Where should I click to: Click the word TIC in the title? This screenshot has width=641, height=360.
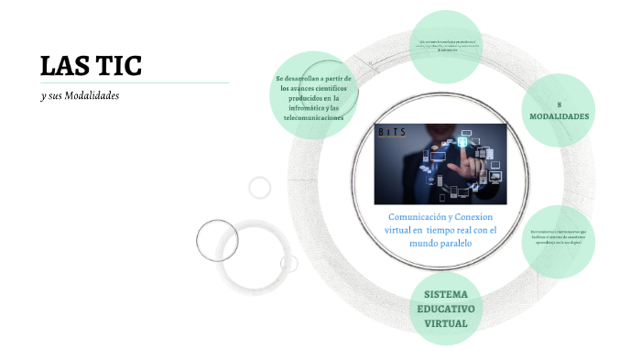click(117, 66)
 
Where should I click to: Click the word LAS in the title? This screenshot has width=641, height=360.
click(65, 66)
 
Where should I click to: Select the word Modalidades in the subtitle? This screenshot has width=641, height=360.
click(95, 95)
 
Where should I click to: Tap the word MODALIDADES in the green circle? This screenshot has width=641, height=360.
click(560, 117)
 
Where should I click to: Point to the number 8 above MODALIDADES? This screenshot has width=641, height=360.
click(559, 104)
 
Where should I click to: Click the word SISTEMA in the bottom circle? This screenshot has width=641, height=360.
click(446, 294)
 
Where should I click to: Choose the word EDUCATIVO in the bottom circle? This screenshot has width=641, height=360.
click(446, 309)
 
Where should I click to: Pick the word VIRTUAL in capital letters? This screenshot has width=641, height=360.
click(446, 323)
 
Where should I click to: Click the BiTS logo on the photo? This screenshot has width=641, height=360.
click(395, 133)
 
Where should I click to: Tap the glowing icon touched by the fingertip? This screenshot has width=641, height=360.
click(464, 143)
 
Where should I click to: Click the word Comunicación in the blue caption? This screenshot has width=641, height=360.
click(413, 216)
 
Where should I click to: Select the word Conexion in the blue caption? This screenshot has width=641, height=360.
click(472, 216)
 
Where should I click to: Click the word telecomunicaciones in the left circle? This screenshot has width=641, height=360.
click(314, 118)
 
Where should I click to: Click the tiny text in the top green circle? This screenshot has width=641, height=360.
click(446, 46)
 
